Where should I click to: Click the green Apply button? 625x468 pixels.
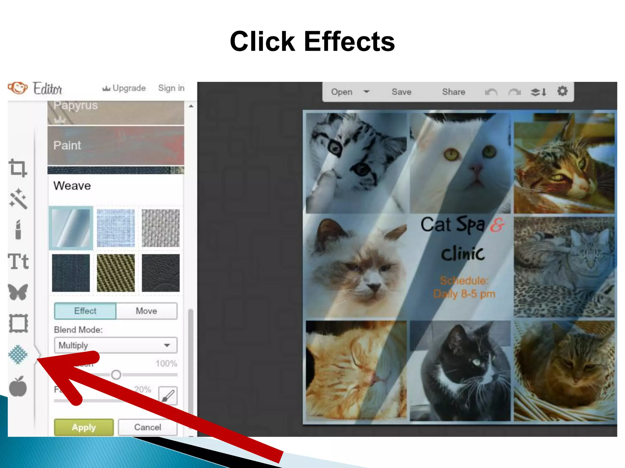[84, 427]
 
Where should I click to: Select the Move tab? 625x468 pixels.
[146, 311]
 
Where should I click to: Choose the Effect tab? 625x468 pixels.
[85, 311]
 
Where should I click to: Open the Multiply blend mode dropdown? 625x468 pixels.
[115, 345]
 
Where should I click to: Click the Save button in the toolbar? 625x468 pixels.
[401, 92]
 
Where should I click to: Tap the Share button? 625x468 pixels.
[453, 92]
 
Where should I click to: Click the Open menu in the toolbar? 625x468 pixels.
[342, 92]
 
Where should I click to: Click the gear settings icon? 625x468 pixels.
[562, 91]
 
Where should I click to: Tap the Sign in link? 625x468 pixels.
[171, 88]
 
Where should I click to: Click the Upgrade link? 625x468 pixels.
[124, 88]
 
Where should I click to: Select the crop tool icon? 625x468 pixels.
[18, 168]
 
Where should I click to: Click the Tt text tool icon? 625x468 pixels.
[18, 262]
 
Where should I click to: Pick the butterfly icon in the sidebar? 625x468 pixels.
[18, 292]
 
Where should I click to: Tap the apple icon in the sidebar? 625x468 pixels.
[18, 387]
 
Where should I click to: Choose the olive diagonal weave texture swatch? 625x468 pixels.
[116, 273]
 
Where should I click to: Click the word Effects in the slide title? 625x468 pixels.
[349, 42]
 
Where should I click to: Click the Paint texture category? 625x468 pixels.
[116, 145]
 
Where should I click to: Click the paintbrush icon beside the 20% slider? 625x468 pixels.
[168, 396]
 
